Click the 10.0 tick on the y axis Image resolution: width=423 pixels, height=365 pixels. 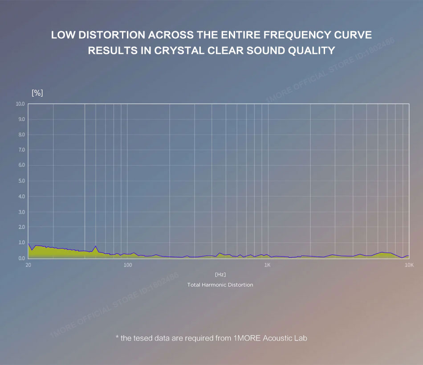point(20,104)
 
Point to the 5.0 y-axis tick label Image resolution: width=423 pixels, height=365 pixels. point(20,181)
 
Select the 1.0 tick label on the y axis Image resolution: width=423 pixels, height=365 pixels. point(20,242)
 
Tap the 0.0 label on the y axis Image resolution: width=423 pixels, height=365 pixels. point(20,258)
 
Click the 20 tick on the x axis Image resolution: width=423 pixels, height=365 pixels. point(28,265)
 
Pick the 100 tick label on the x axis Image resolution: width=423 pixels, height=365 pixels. point(128,265)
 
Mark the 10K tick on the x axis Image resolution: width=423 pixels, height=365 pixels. point(409,265)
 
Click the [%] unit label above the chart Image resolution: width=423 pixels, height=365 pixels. point(37,93)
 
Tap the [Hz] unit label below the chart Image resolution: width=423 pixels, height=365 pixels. point(220,275)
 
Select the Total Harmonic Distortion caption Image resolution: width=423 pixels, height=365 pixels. point(220,285)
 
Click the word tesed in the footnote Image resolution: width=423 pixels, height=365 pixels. point(145,338)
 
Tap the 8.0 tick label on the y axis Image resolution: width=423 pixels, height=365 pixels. point(20,135)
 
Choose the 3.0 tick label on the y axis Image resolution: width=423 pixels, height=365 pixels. point(20,212)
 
